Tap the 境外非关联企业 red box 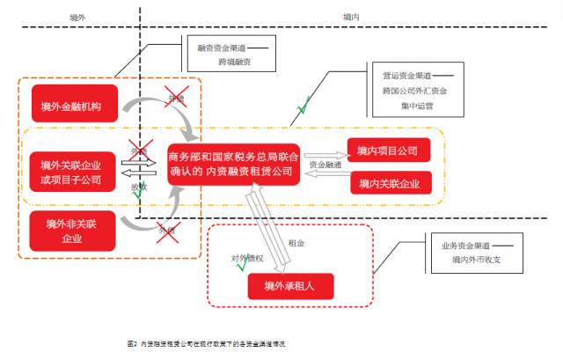(x=70, y=231)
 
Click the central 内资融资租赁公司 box (x=234, y=165)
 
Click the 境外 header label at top (x=77, y=17)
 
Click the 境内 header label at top (x=351, y=17)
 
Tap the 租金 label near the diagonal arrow (x=296, y=242)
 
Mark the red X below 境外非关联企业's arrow (x=164, y=231)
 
